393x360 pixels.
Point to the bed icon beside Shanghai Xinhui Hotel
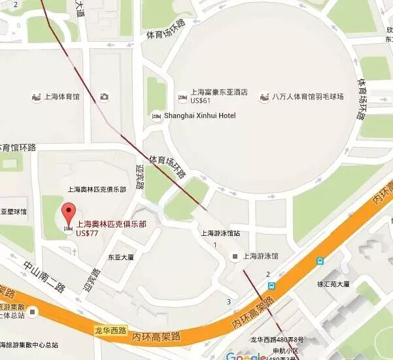click(x=156, y=116)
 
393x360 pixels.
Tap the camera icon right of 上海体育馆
click(x=104, y=97)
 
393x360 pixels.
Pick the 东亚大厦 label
click(x=120, y=257)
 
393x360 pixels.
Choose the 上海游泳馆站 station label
click(x=220, y=233)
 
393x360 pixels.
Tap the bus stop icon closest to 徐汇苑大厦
click(x=319, y=261)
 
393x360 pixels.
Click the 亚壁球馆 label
click(x=13, y=212)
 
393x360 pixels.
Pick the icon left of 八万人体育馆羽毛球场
click(x=264, y=97)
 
